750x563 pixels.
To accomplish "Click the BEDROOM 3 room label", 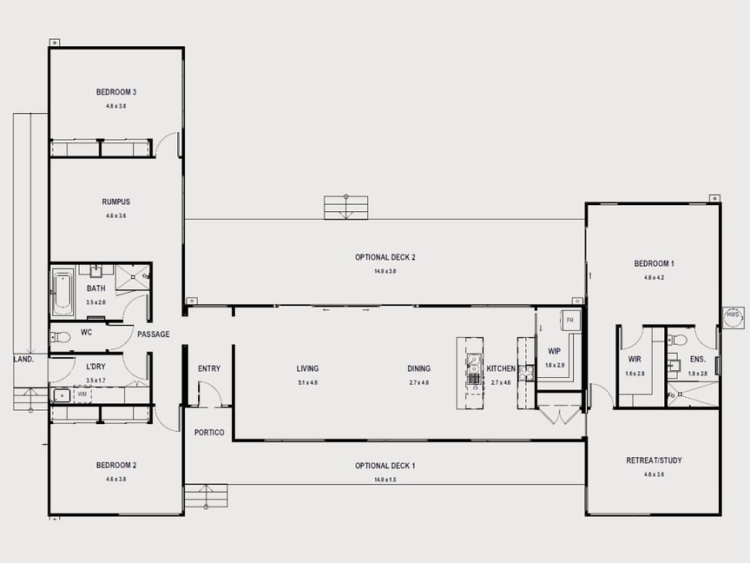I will (x=115, y=92).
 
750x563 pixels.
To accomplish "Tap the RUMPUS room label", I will (x=115, y=202).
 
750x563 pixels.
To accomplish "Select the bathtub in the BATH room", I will (x=62, y=293).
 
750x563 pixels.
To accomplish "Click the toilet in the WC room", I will (x=61, y=337).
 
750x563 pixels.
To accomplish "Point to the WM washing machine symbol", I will (x=82, y=395).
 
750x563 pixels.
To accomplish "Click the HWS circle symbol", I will (x=734, y=317).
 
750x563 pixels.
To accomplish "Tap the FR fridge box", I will (x=570, y=321).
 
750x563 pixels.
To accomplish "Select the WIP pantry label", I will (x=554, y=352).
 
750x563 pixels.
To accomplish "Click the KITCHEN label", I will (x=501, y=369).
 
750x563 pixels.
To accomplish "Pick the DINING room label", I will (x=418, y=368).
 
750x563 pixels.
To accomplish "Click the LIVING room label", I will (x=307, y=368).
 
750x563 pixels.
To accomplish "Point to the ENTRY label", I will (x=209, y=368).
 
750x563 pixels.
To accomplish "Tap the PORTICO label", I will (x=209, y=433).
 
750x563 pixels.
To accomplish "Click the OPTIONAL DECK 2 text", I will (x=385, y=257).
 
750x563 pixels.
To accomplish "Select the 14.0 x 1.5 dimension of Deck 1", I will (x=385, y=480).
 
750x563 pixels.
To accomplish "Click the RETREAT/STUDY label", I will (x=654, y=460).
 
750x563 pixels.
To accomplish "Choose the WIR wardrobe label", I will (x=634, y=359).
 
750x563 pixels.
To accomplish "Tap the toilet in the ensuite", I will (x=679, y=340).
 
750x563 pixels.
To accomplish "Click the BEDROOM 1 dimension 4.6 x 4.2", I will (x=654, y=278).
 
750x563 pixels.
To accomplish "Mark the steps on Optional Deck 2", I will (x=345, y=208).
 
